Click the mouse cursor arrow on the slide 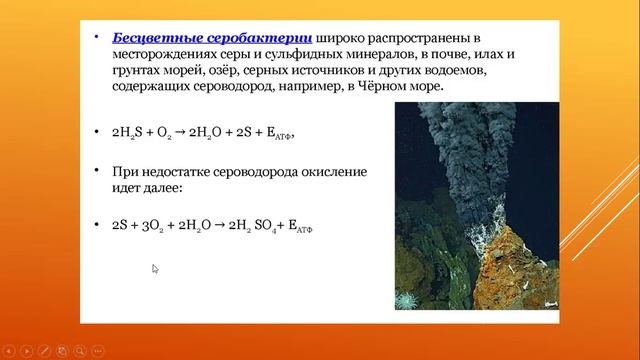[155, 268]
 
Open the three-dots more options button [99, 351]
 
